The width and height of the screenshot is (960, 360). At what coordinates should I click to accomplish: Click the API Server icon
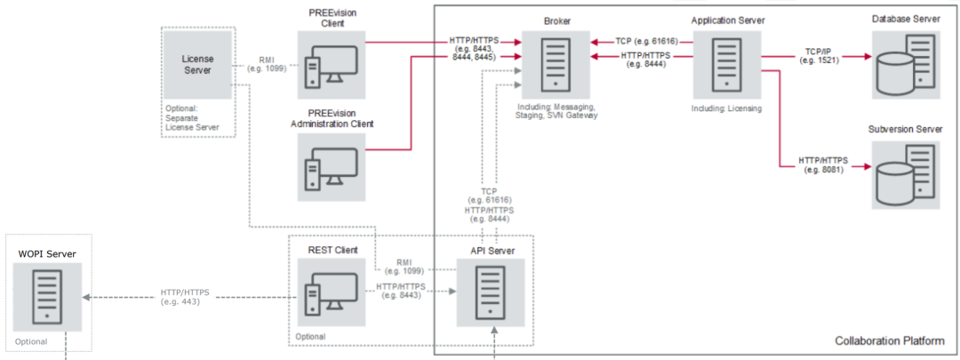(490, 292)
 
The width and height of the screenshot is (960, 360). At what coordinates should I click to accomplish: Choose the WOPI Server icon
(48, 296)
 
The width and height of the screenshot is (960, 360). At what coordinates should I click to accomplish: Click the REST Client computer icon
(332, 292)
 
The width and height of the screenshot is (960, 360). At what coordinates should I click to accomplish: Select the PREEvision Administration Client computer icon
(332, 167)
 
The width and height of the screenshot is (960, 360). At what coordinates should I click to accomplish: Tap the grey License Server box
(197, 66)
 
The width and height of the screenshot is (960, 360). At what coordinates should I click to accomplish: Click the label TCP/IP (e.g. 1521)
(818, 55)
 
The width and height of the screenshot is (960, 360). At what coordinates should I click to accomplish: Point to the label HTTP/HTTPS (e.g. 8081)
(823, 164)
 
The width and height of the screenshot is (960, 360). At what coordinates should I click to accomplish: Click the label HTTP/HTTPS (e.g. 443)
(186, 297)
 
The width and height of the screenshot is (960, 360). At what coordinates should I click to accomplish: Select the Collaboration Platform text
(889, 341)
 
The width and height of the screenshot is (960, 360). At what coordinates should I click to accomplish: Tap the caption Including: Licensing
(726, 109)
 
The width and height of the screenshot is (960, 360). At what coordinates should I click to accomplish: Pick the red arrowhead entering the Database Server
(868, 56)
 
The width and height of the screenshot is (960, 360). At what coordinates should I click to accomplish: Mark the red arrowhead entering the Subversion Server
(868, 166)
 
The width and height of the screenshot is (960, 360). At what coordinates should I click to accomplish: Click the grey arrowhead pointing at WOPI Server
(86, 298)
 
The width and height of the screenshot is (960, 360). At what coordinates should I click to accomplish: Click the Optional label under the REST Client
(310, 337)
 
